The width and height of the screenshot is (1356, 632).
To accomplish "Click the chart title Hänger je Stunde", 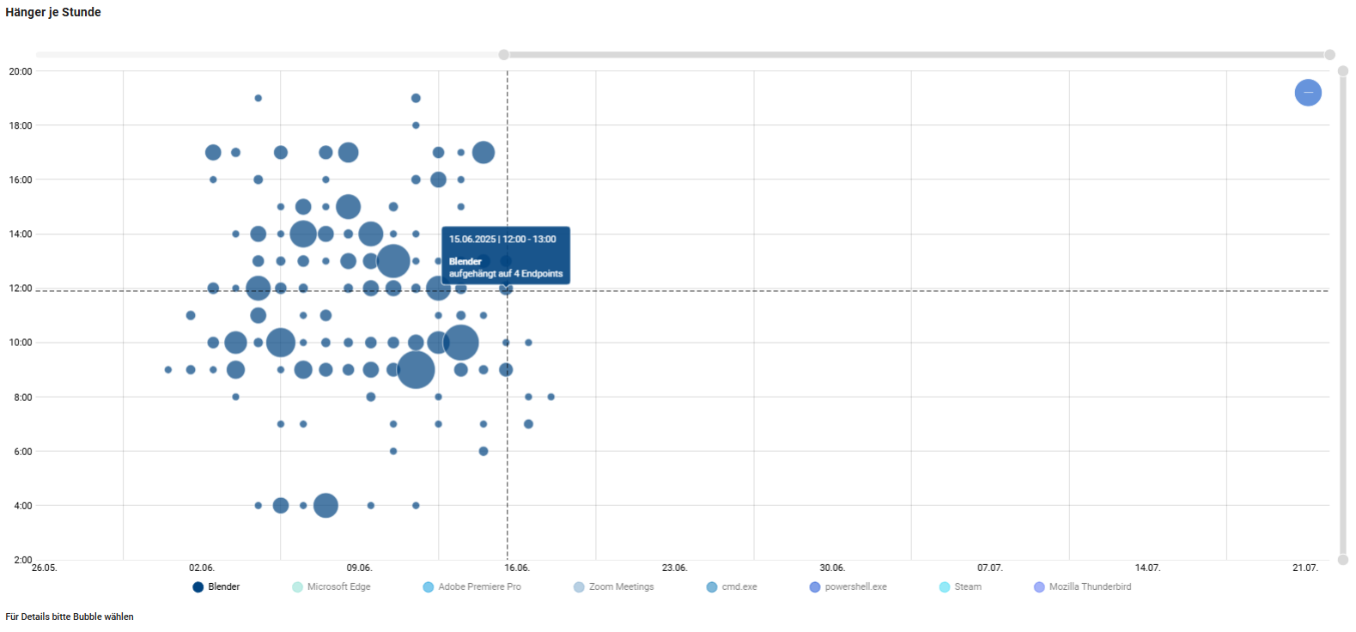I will point(53,12).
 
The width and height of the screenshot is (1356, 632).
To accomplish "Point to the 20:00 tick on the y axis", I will point(21,71).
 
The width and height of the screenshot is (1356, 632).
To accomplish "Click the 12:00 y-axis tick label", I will point(21,289).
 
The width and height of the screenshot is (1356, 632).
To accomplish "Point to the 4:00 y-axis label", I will point(23,506).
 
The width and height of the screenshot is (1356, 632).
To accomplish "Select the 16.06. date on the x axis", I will point(517,568).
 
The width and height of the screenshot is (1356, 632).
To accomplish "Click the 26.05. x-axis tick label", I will point(45,568).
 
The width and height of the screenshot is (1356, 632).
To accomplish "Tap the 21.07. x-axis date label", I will point(1304,568).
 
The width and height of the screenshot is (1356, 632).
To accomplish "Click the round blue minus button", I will point(1308,93).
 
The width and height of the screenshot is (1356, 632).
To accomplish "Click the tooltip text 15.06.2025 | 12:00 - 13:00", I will point(502,240).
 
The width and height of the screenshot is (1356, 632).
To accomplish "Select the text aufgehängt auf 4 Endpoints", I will point(506,274).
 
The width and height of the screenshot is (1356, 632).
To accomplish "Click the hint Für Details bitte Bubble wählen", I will point(70,617).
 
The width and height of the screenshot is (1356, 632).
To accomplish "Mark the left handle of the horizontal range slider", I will point(504,55).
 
